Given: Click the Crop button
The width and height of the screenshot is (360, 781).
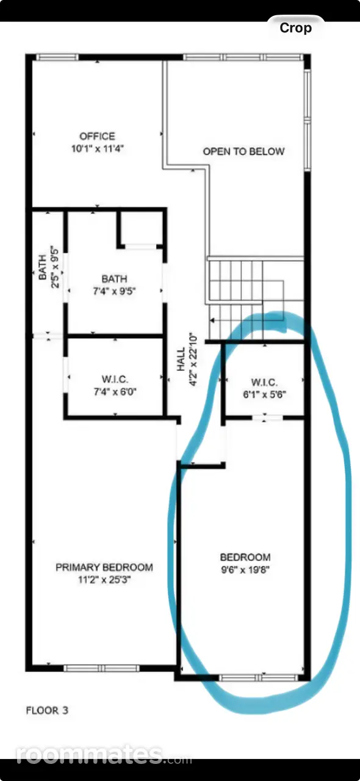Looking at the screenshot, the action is [295, 28].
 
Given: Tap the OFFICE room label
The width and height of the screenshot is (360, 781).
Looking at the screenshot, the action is [98, 136].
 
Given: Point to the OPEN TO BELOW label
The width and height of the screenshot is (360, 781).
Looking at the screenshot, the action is [243, 151].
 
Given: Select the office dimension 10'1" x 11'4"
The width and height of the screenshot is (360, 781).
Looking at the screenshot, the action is [98, 149].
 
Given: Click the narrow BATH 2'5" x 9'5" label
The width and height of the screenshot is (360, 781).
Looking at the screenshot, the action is [48, 267].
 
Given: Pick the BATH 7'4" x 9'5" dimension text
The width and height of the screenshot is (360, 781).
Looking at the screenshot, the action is [114, 291].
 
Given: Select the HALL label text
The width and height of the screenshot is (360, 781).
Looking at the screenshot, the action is [181, 359].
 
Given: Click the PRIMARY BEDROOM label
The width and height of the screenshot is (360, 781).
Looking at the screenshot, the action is [104, 567].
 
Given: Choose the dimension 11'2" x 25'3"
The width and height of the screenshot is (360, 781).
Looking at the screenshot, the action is [104, 580].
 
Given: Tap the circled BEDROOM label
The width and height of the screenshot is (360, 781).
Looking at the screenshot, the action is [245, 557].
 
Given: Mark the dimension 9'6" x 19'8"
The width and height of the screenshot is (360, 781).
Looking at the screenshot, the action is [245, 570].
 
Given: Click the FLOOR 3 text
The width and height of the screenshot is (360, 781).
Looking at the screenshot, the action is [47, 710].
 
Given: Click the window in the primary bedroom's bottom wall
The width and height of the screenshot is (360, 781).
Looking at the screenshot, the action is [101, 668].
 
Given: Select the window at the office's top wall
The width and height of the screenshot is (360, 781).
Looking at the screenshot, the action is [57, 57].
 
